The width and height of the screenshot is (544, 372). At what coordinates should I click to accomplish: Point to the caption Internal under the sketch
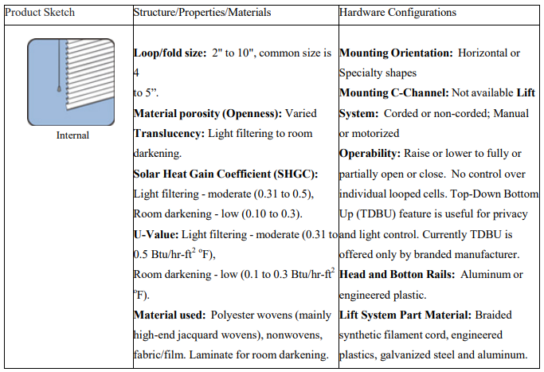(72, 135)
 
